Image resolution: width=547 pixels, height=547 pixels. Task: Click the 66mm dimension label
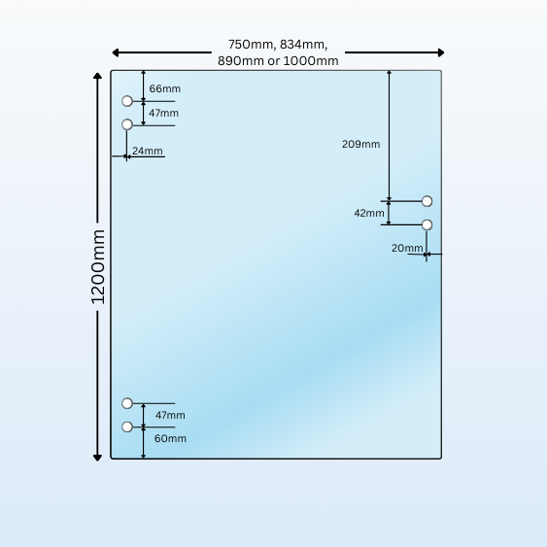pyautogui.click(x=164, y=88)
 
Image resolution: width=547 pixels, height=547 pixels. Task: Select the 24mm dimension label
pyautogui.click(x=148, y=151)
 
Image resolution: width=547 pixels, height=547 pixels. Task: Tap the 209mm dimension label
pyautogui.click(x=360, y=144)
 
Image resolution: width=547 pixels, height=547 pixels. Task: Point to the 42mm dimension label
pyautogui.click(x=369, y=213)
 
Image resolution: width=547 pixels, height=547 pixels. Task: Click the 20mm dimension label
pyautogui.click(x=407, y=248)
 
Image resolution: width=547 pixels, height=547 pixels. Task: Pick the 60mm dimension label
pyautogui.click(x=170, y=438)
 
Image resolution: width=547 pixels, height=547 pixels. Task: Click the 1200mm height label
pyautogui.click(x=98, y=267)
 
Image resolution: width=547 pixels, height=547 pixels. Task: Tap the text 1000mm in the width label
pyautogui.click(x=311, y=61)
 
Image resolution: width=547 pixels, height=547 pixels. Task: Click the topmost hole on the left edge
pyautogui.click(x=127, y=101)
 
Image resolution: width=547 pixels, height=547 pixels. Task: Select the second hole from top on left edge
pyautogui.click(x=127, y=124)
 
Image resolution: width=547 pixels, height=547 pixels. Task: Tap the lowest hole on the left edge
pyautogui.click(x=127, y=427)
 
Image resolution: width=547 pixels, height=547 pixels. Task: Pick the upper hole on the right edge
pyautogui.click(x=427, y=201)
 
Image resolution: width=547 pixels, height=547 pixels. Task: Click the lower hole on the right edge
pyautogui.click(x=427, y=225)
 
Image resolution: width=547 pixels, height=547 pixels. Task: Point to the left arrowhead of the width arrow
pyautogui.click(x=115, y=52)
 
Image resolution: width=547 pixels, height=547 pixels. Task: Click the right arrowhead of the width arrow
pyautogui.click(x=441, y=52)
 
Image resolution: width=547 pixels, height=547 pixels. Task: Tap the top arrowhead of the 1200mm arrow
pyautogui.click(x=98, y=76)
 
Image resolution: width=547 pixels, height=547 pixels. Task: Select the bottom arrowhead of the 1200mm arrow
pyautogui.click(x=98, y=458)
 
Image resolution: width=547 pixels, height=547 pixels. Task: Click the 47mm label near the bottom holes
pyautogui.click(x=170, y=415)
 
